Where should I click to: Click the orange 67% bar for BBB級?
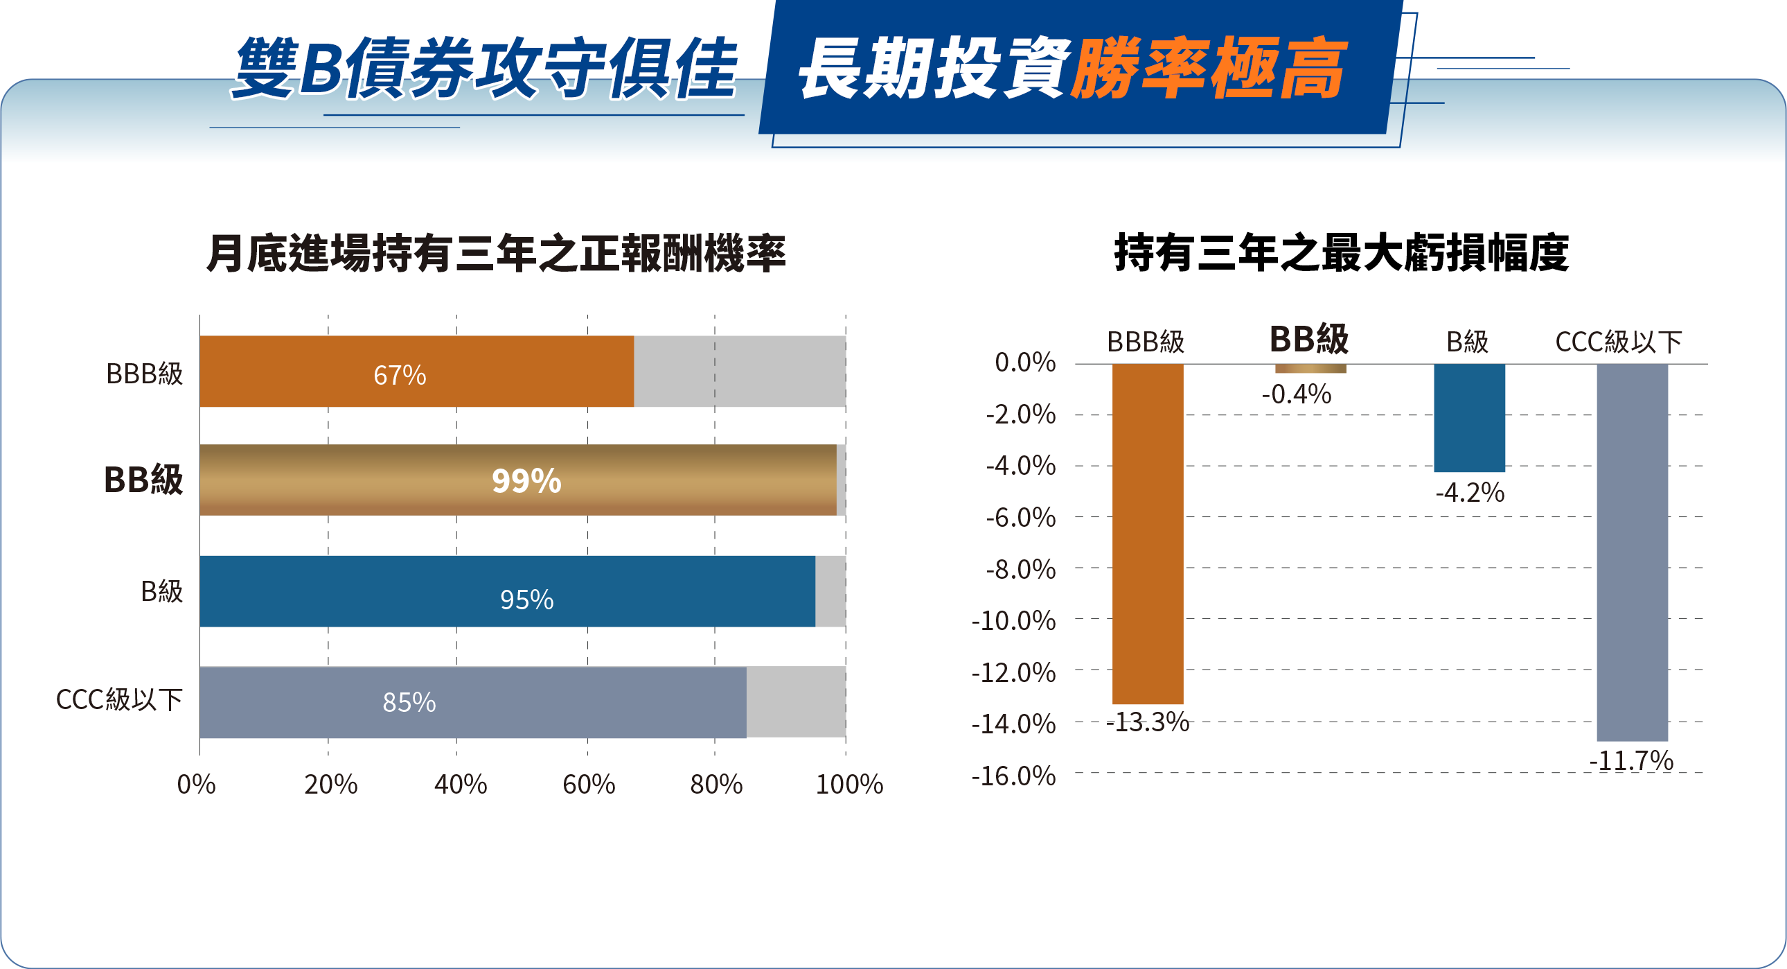pyautogui.click(x=416, y=372)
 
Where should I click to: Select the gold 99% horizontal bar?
pyautogui.click(x=517, y=480)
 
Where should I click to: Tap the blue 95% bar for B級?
pyautogui.click(x=507, y=591)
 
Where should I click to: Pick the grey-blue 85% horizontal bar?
pyautogui.click(x=473, y=701)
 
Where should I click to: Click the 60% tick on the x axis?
pyautogui.click(x=588, y=785)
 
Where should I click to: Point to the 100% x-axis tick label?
pyautogui.click(x=848, y=785)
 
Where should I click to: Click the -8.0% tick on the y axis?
pyautogui.click(x=1020, y=569)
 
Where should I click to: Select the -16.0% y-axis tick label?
pyautogui.click(x=1013, y=776)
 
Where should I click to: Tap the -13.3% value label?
pyautogui.click(x=1148, y=722)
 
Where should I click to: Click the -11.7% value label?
pyautogui.click(x=1631, y=761)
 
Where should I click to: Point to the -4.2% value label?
pyautogui.click(x=1469, y=493)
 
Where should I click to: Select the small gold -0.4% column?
pyautogui.click(x=1310, y=369)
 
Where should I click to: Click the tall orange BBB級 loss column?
pyautogui.click(x=1148, y=533)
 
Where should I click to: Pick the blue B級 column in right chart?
pyautogui.click(x=1469, y=417)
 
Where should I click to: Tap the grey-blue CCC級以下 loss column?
pyautogui.click(x=1632, y=552)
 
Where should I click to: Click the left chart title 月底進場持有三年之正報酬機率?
pyautogui.click(x=496, y=254)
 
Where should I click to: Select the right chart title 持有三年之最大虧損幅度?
pyautogui.click(x=1341, y=254)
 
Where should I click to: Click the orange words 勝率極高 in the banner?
pyautogui.click(x=1208, y=68)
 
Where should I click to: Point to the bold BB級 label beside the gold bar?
pyautogui.click(x=143, y=480)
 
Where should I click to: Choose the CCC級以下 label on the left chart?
pyautogui.click(x=119, y=699)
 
